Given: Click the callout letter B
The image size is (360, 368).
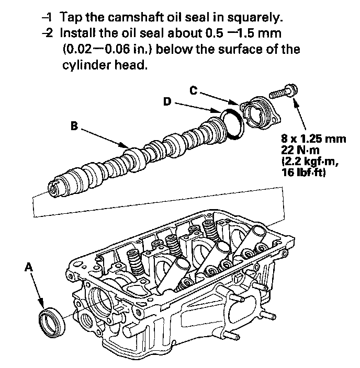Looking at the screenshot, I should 75,125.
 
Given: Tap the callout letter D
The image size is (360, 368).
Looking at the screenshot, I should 167,101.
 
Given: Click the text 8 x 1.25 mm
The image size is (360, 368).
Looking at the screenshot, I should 314,139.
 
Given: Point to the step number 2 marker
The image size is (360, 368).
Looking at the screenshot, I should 49,34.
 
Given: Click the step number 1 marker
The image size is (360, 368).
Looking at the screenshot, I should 49,18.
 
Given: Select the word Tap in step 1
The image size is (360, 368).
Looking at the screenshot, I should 70,18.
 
